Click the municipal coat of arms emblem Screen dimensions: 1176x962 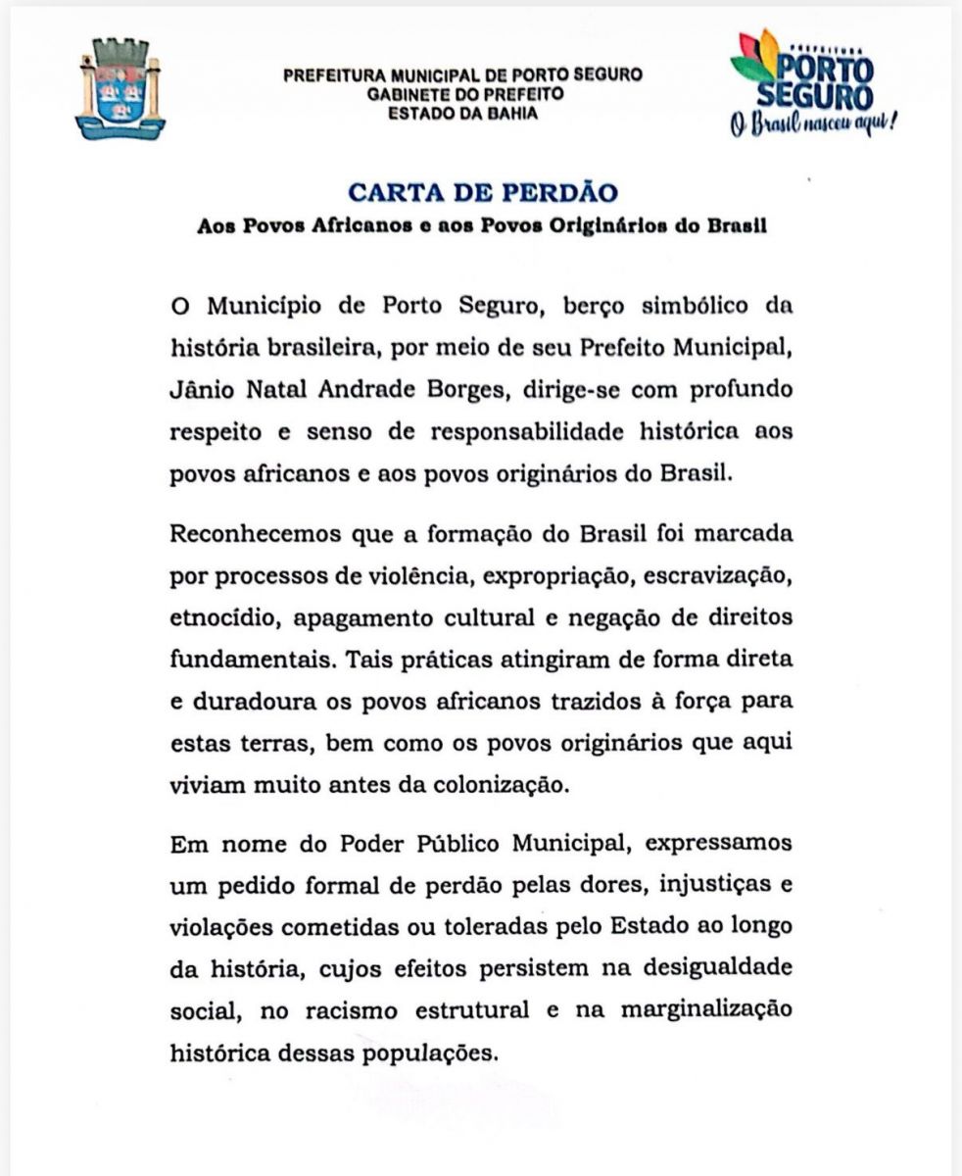120,87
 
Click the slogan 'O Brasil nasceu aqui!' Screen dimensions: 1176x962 814,125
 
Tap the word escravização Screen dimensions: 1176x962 720,575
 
